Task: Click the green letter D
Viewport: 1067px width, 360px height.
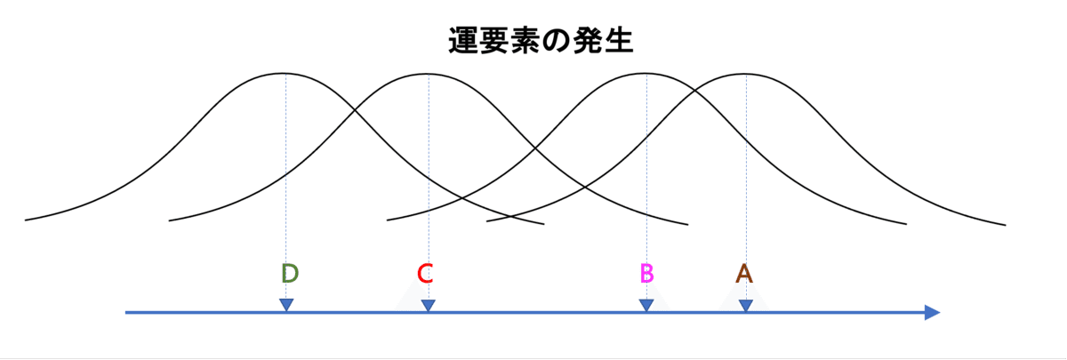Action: pyautogui.click(x=289, y=273)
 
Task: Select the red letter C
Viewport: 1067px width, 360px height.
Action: pyautogui.click(x=425, y=273)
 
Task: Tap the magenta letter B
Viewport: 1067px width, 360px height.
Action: pyautogui.click(x=646, y=273)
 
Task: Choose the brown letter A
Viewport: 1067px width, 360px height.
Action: pyautogui.click(x=744, y=273)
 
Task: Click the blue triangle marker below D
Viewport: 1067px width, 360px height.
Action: pyautogui.click(x=286, y=305)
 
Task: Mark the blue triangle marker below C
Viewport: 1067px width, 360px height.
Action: pyautogui.click(x=429, y=305)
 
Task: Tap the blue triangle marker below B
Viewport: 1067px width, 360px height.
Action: pyautogui.click(x=646, y=305)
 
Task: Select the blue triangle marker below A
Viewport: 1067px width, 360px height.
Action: pyautogui.click(x=746, y=305)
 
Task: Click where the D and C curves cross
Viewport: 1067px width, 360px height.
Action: pyautogui.click(x=357, y=110)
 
